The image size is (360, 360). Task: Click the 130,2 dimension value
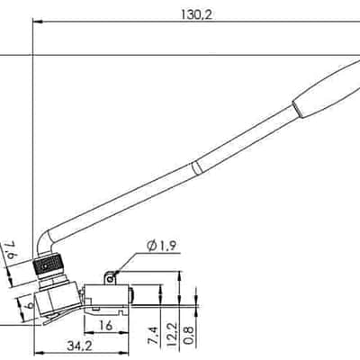[196, 14]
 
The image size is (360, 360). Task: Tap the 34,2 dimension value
[79, 346]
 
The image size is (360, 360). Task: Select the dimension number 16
[105, 325]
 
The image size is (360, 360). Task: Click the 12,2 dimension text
[171, 335]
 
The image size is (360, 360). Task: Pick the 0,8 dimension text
[189, 336]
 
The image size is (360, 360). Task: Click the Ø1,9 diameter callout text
[161, 246]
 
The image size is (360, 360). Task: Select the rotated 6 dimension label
[29, 305]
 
